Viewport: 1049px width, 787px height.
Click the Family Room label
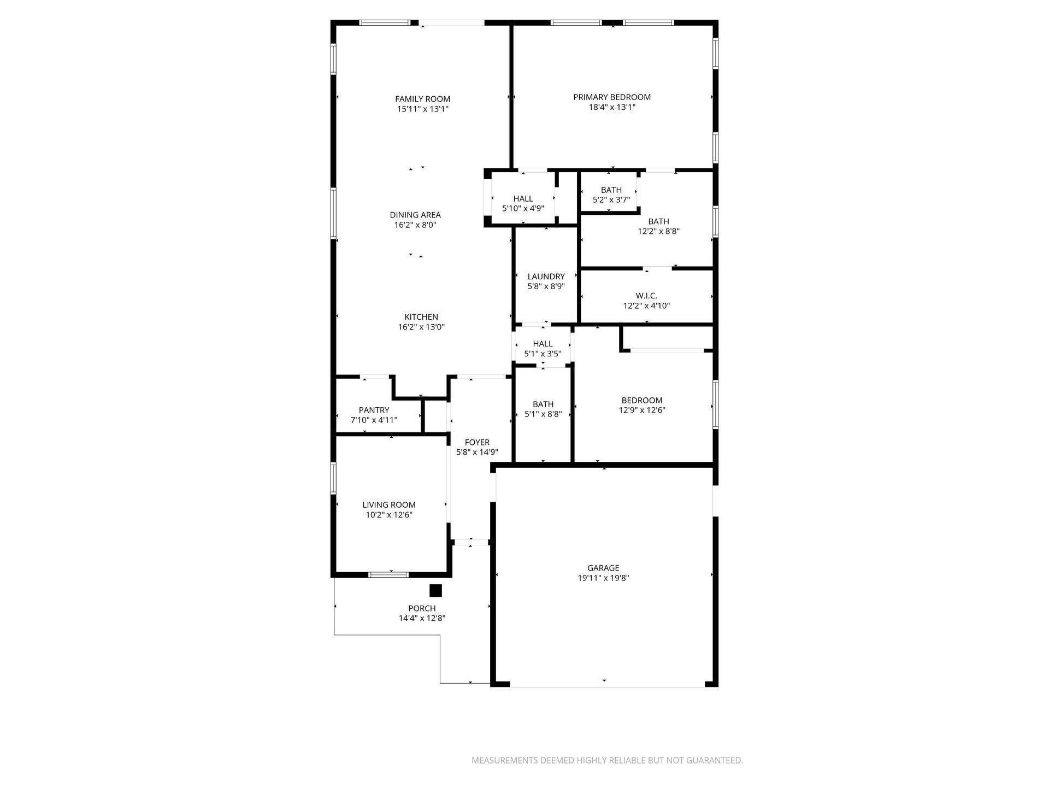tap(423, 99)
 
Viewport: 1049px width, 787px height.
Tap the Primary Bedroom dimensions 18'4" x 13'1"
tap(612, 107)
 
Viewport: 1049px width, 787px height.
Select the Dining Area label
tap(415, 215)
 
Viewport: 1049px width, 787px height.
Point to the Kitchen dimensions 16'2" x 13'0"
tap(421, 327)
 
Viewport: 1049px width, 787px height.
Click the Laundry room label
tap(546, 277)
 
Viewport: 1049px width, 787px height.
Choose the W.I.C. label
tap(646, 296)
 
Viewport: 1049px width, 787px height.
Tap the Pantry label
tap(374, 410)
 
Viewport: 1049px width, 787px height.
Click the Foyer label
tap(477, 442)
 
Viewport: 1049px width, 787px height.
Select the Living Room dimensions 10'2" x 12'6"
tap(389, 515)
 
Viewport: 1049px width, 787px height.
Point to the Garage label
tap(604, 568)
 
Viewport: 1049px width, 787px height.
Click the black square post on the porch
tap(435, 591)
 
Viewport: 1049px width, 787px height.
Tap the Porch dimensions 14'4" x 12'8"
tap(422, 618)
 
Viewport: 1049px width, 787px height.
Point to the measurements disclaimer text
tap(607, 760)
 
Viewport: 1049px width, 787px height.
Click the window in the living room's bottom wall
tap(388, 574)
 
